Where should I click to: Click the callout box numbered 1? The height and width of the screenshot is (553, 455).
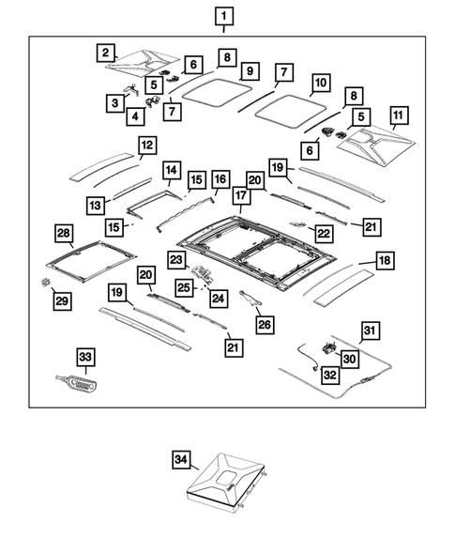tap(224, 16)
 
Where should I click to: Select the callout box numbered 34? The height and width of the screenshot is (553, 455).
tap(181, 459)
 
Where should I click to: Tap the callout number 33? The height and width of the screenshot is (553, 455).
tap(85, 357)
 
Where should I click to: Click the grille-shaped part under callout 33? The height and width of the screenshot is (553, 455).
tap(78, 383)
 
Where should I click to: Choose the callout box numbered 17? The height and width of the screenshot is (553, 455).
tap(241, 195)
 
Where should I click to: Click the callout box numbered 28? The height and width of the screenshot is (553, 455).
tap(64, 233)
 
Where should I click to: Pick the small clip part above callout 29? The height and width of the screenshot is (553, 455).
tap(45, 282)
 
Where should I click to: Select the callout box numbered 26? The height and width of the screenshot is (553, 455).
tap(265, 325)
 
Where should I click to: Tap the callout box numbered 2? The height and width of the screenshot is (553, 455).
tap(106, 53)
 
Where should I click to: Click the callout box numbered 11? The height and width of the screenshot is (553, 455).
tap(398, 115)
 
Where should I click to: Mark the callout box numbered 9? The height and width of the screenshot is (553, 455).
tap(250, 71)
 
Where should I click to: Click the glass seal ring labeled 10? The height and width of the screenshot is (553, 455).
tap(290, 111)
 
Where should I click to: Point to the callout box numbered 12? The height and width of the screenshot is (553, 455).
tap(147, 145)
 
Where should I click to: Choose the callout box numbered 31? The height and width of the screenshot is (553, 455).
tap(370, 330)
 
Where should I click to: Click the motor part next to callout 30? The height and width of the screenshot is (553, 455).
tap(328, 347)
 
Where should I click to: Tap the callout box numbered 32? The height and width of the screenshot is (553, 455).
tap(330, 375)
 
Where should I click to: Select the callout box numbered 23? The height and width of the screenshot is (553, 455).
tap(176, 260)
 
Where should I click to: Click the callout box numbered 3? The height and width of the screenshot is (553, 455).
tap(115, 103)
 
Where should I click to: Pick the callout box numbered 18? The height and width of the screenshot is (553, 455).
tap(385, 260)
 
